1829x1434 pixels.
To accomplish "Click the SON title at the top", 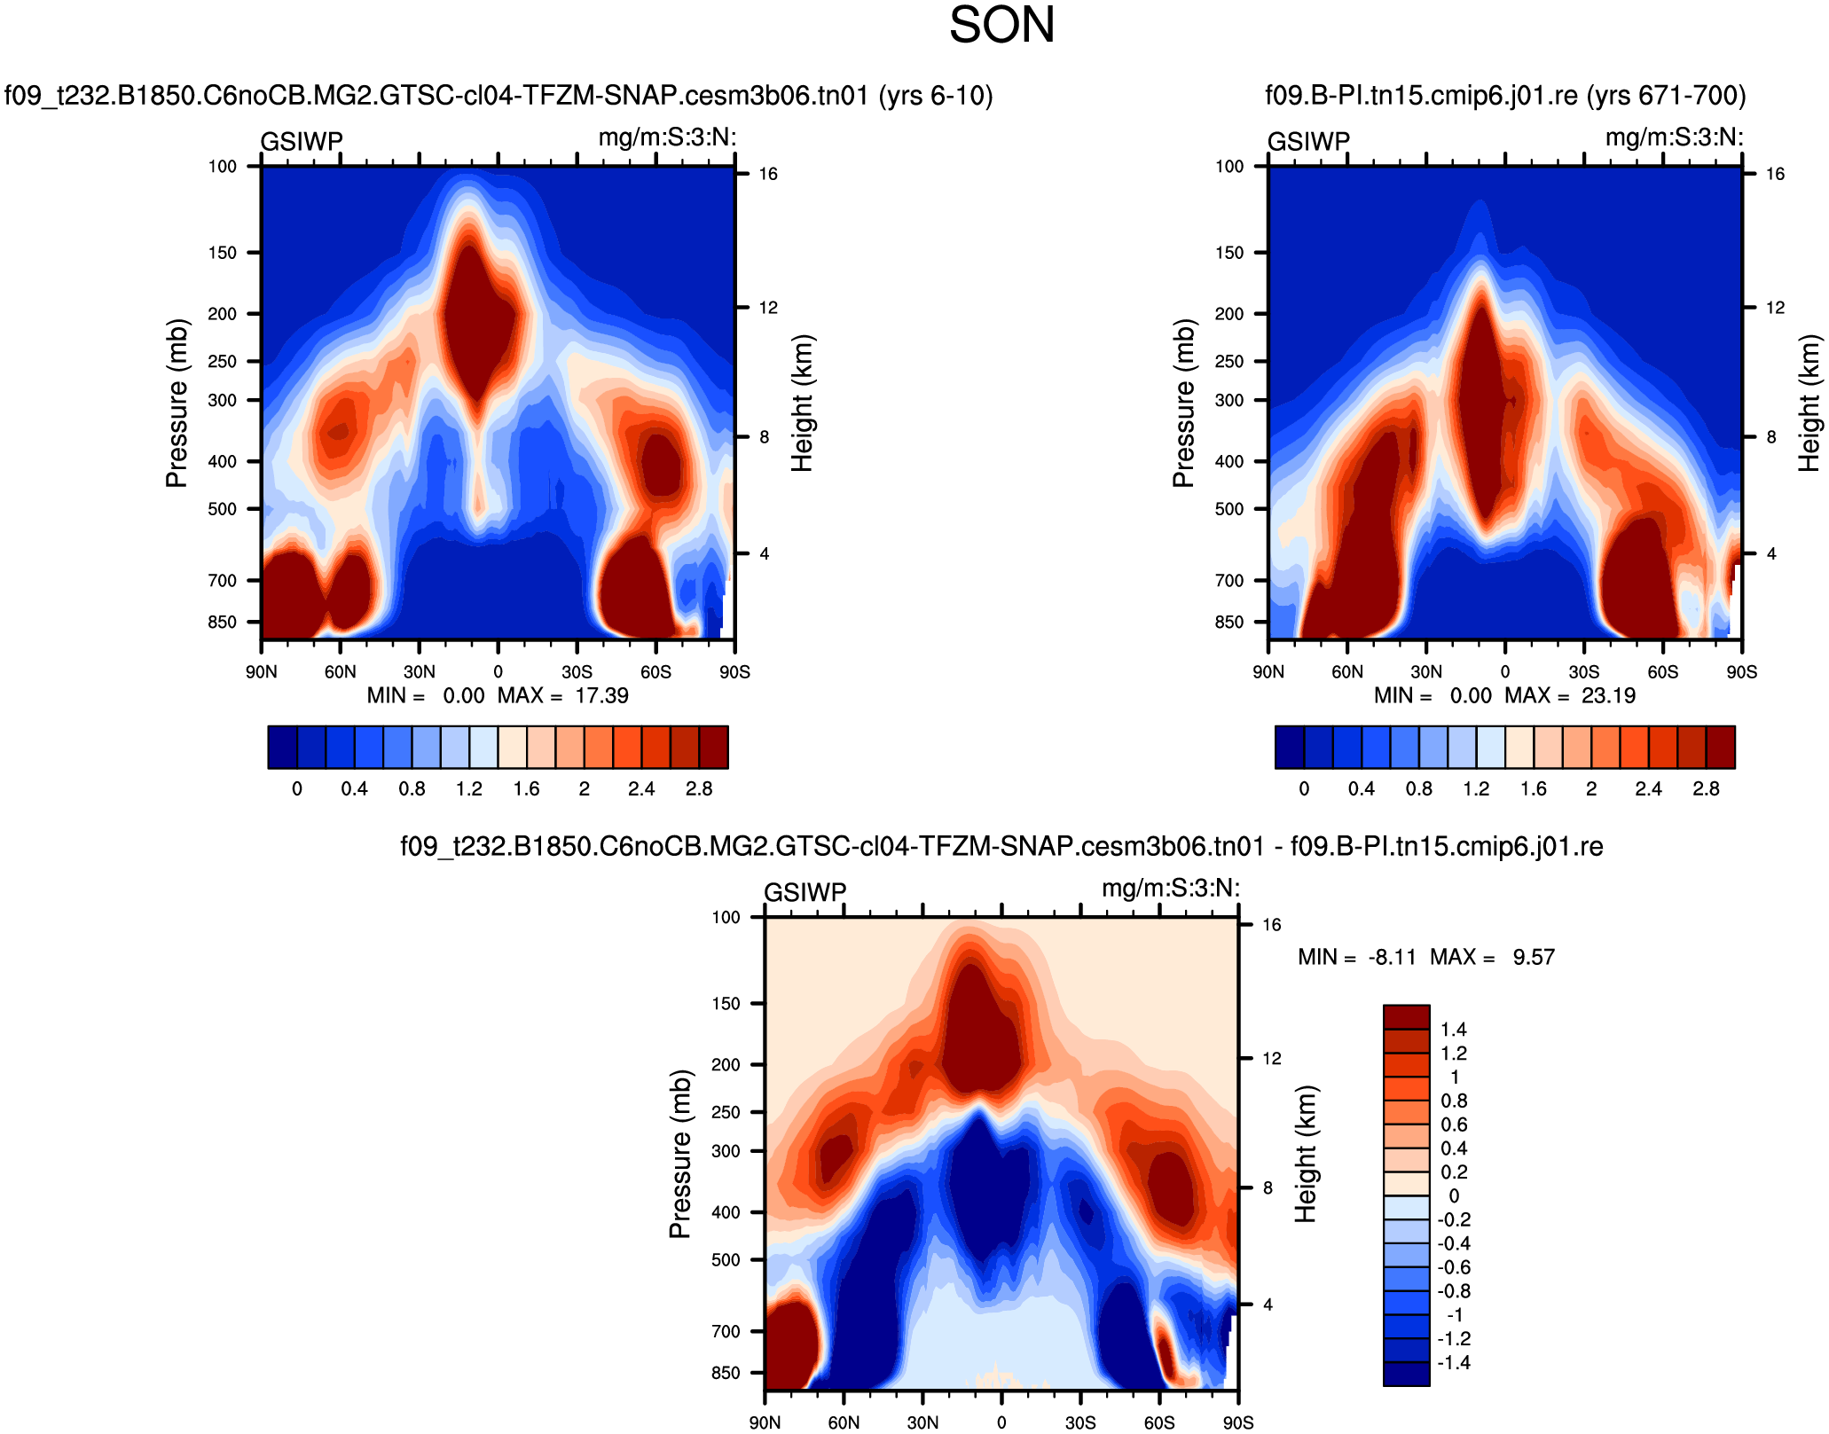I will click(1001, 25).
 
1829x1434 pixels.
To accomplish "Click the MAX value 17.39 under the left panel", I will click(601, 695).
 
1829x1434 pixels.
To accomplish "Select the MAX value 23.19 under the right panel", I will click(1608, 695).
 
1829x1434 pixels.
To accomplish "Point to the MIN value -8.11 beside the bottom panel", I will click(1392, 957).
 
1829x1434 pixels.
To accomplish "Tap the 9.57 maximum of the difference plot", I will click(1534, 957).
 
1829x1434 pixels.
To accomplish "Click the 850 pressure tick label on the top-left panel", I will click(222, 622).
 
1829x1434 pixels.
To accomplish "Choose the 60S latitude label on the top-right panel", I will click(1663, 671).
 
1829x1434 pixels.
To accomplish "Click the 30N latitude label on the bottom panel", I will click(922, 1422).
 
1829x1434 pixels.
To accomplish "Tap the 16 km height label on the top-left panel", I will click(767, 174).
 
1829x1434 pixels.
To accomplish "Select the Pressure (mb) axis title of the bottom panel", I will click(679, 1154).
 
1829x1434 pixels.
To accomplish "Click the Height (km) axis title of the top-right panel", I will click(1809, 403).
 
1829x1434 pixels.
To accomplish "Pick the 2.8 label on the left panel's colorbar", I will click(699, 788).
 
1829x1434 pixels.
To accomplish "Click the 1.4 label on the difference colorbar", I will click(1454, 1030).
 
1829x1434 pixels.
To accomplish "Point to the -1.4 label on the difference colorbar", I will click(1454, 1362).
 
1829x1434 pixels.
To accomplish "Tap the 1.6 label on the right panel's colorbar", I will click(1533, 788).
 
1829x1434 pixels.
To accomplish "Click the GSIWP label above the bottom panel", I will click(805, 892).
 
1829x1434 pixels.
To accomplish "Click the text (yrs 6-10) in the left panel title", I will click(935, 95).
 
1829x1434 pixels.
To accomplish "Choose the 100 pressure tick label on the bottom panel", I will click(726, 917).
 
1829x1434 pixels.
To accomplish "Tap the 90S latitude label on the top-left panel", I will click(734, 671).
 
